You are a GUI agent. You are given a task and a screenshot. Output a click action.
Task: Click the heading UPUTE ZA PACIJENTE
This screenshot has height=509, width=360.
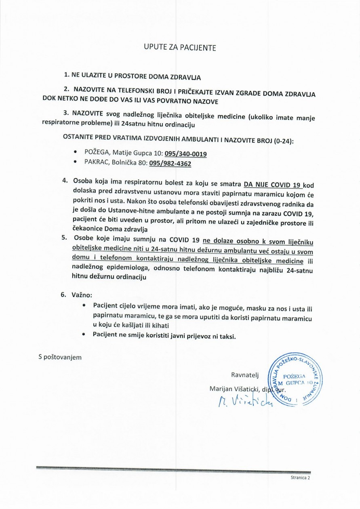180,48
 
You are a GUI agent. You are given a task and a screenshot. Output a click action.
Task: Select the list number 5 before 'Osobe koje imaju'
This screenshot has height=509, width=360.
64,238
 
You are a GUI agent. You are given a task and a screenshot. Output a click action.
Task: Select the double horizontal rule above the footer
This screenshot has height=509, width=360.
173,470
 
